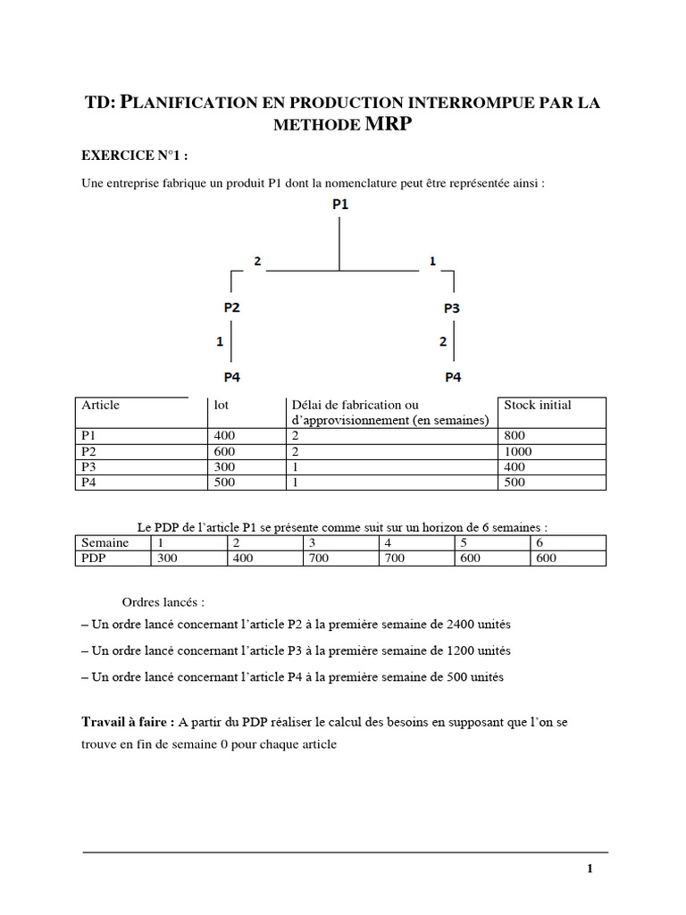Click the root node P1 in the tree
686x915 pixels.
tap(340, 205)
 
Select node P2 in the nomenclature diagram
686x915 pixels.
tap(232, 306)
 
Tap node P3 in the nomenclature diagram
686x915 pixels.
tap(453, 308)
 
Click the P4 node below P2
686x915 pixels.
tap(232, 376)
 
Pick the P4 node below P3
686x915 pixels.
tap(453, 376)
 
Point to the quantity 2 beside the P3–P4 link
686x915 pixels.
tap(443, 341)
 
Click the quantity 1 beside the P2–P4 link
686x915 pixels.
tap(220, 341)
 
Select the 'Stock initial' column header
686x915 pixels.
tap(538, 405)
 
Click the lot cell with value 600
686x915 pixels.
tap(223, 451)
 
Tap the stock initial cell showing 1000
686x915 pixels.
tap(518, 451)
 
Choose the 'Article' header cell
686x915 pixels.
tap(100, 405)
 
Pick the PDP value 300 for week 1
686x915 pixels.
tap(167, 558)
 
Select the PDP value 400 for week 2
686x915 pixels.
tap(243, 558)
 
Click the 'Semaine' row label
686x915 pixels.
tap(105, 542)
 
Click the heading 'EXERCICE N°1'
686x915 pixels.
tap(135, 155)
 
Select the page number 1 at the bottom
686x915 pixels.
tap(590, 868)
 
